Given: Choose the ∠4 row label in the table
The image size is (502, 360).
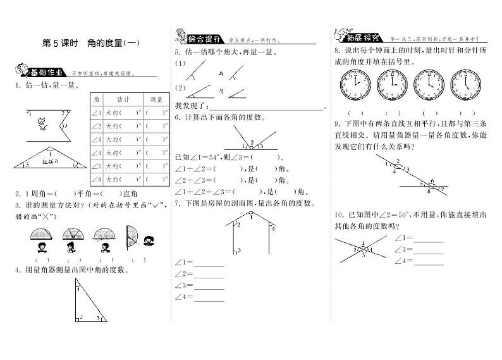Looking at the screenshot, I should click(x=97, y=153).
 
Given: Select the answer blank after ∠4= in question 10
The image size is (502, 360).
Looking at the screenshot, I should click(x=428, y=261).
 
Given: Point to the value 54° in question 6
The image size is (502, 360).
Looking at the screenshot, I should click(x=211, y=158).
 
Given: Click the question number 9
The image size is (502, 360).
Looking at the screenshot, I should click(x=338, y=123).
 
